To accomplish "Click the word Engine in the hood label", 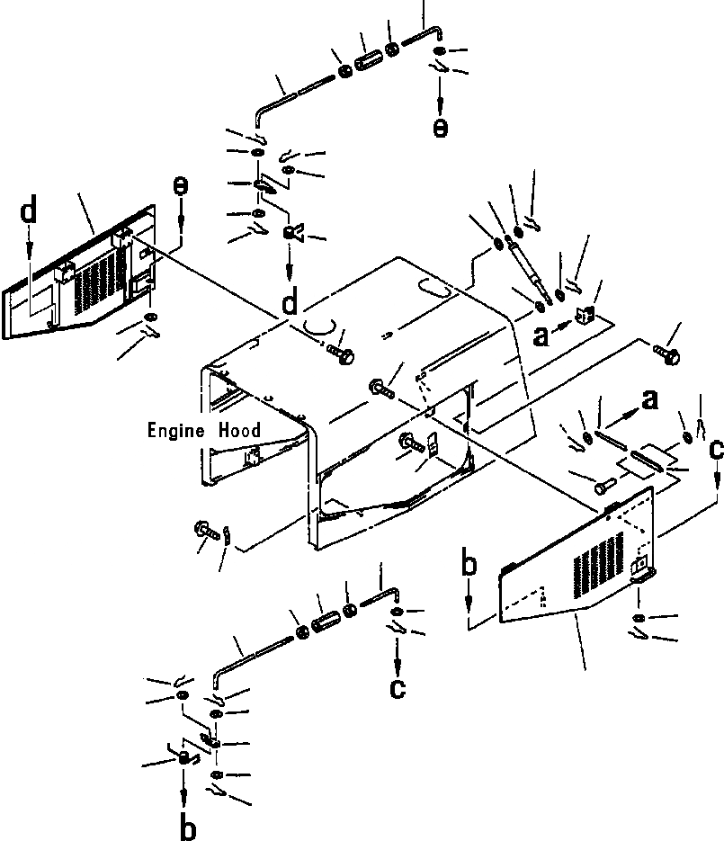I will coord(176,431).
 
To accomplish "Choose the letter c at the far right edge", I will coord(715,450).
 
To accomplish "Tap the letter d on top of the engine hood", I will coord(289,304).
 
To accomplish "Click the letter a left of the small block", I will coord(540,336).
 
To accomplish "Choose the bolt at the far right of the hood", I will coord(666,353).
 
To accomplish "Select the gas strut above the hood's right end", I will coord(530,267).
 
